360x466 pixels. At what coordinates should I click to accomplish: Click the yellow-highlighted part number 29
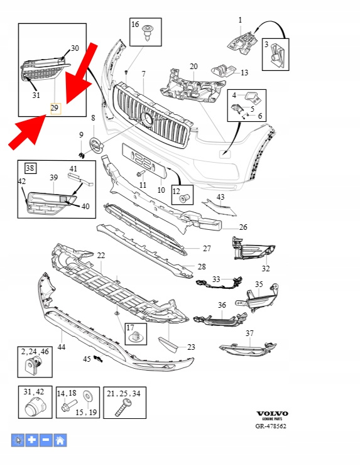pyautogui.click(x=55, y=109)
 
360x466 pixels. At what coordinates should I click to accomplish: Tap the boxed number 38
pyautogui.click(x=30, y=168)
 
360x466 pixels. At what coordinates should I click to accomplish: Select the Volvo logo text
pyautogui.click(x=272, y=413)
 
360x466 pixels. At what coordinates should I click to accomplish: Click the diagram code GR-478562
pyautogui.click(x=271, y=426)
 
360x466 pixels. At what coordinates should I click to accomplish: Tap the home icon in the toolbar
pyautogui.click(x=60, y=440)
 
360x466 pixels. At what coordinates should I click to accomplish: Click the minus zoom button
pyautogui.click(x=46, y=440)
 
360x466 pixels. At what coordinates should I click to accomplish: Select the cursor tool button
pyautogui.click(x=18, y=440)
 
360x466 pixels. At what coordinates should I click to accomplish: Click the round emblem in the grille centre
pyautogui.click(x=148, y=119)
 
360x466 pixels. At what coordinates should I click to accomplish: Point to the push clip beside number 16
pyautogui.click(x=147, y=33)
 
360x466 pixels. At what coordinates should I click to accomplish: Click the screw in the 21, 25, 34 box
pyautogui.click(x=123, y=408)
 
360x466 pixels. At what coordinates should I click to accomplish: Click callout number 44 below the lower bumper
pyautogui.click(x=61, y=347)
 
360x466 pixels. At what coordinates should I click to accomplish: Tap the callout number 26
pyautogui.click(x=243, y=227)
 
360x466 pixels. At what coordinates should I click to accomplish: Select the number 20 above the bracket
pyautogui.click(x=194, y=67)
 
